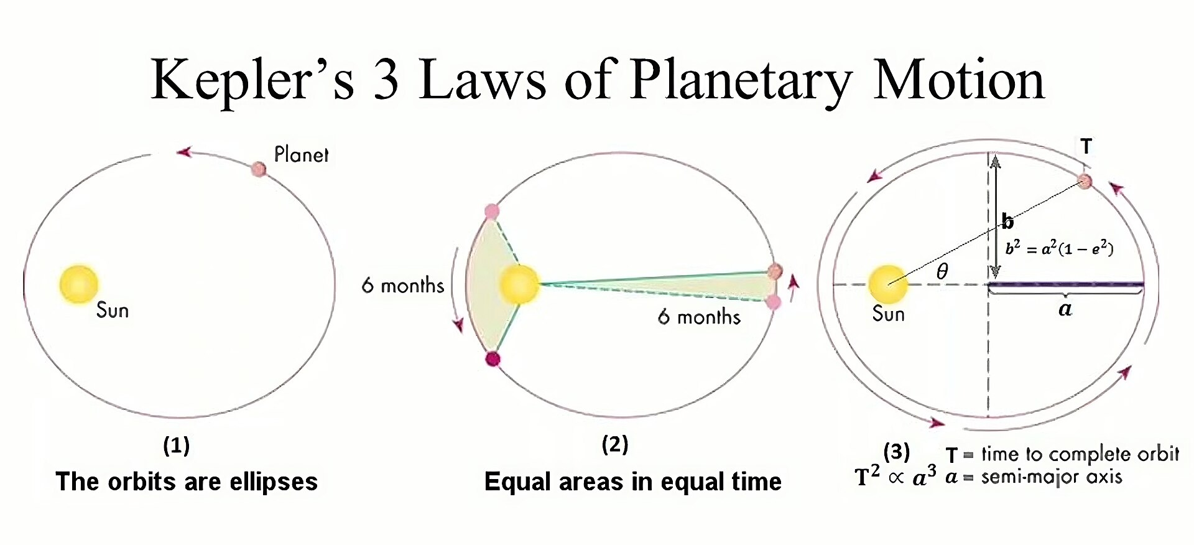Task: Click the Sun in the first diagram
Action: pyautogui.click(x=79, y=284)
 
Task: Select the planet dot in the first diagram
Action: pyautogui.click(x=259, y=169)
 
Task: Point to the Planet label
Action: pyautogui.click(x=301, y=154)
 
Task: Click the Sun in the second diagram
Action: pyautogui.click(x=519, y=284)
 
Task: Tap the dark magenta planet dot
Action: pyautogui.click(x=493, y=359)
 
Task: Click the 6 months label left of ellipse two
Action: pyautogui.click(x=403, y=286)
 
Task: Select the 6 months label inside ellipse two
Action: pyautogui.click(x=699, y=317)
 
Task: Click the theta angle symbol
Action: pyautogui.click(x=942, y=271)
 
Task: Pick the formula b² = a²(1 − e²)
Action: pyautogui.click(x=1059, y=248)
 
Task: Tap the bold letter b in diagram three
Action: pyautogui.click(x=1007, y=221)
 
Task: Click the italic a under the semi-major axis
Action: pyautogui.click(x=1065, y=309)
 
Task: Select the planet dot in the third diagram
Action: pyautogui.click(x=1085, y=181)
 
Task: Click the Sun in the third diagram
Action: pyautogui.click(x=887, y=284)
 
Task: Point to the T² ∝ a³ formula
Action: pyautogui.click(x=895, y=477)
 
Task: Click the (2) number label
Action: pyautogui.click(x=615, y=444)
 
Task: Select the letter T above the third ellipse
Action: pyautogui.click(x=1086, y=146)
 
